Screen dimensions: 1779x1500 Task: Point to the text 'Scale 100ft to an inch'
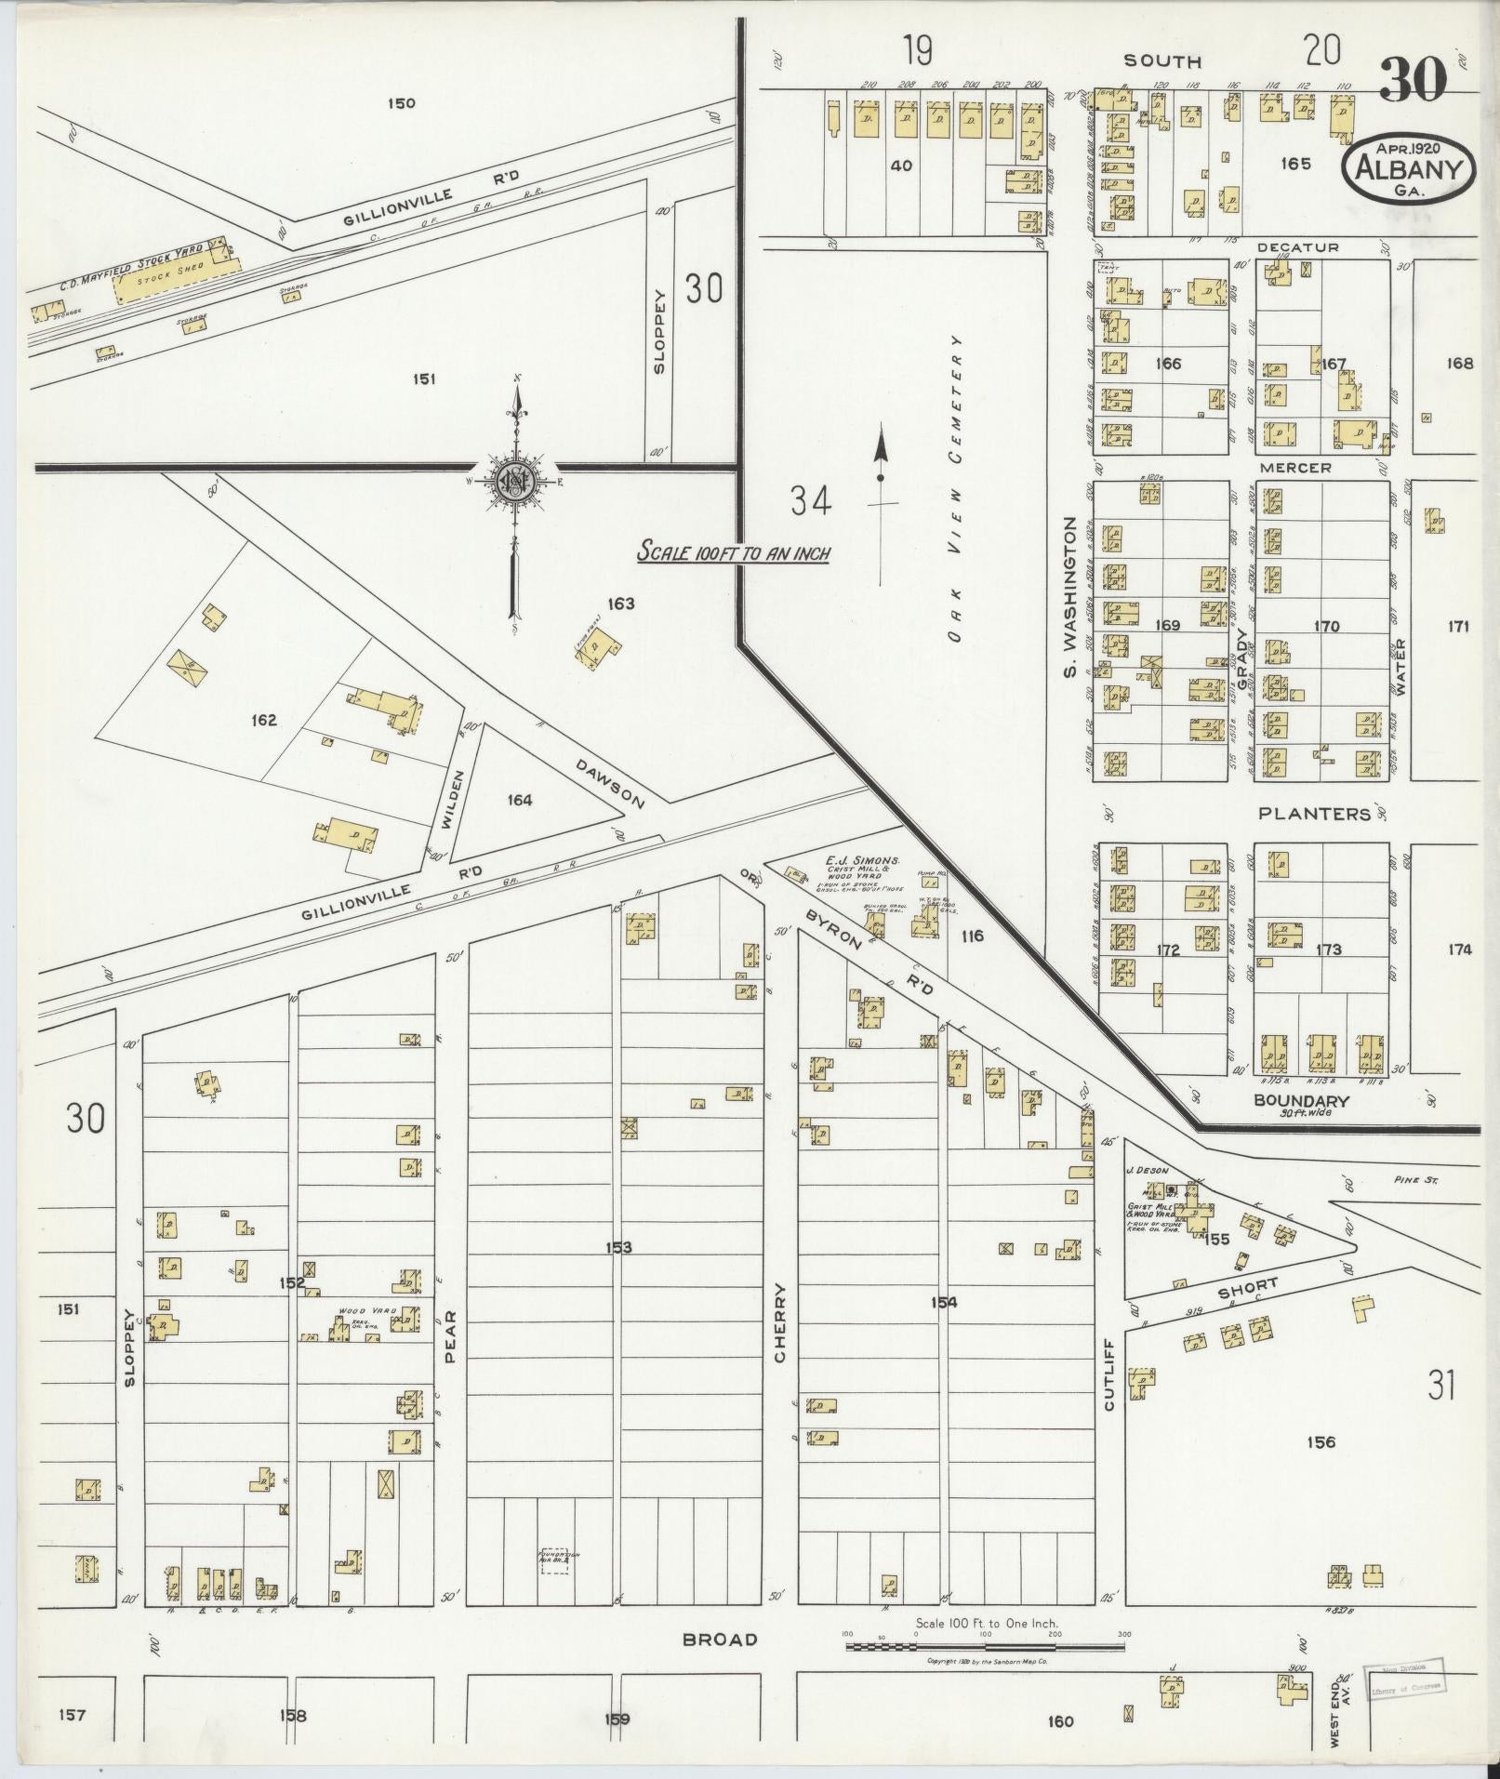tap(733, 552)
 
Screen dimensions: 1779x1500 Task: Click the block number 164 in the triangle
tap(520, 800)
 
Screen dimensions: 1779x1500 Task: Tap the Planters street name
tap(1314, 814)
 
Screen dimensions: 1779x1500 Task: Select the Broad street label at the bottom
tap(720, 1640)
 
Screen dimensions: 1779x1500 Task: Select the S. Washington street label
tap(1069, 597)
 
